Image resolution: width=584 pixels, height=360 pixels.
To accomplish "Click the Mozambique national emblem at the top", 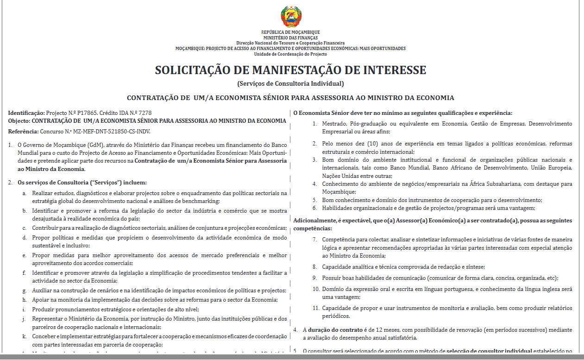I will tap(291, 17).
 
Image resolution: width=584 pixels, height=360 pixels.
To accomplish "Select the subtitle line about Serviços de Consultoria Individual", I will tap(290, 84).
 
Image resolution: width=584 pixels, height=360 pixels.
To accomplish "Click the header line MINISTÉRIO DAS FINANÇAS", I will tap(290, 38).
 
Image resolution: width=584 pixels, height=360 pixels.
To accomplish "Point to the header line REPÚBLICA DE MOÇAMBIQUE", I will tap(290, 32).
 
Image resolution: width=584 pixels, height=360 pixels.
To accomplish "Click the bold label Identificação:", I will tap(26, 113).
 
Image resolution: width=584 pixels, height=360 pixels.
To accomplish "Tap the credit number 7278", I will tap(144, 113).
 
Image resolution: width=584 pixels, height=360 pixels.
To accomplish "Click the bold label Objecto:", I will tap(19, 121).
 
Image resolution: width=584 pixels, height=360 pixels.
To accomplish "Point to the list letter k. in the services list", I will tap(24, 336).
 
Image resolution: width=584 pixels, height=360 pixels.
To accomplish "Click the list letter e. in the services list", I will tap(24, 255).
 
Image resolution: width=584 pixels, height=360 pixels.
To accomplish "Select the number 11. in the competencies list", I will tap(315, 308).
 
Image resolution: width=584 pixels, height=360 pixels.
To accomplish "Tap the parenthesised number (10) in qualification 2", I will tap(361, 144).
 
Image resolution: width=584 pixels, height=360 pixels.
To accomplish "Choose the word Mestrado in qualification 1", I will tap(335, 124).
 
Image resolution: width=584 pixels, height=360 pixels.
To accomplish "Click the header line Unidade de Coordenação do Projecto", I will tap(290, 54).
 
